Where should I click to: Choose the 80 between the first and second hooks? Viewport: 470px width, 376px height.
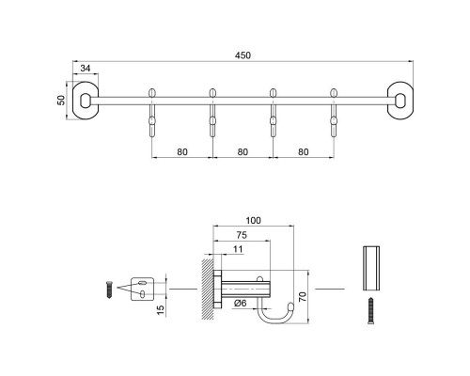pos(182,150)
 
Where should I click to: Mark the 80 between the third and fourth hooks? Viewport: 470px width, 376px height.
pos(303,150)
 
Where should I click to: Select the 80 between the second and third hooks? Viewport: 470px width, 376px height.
pos(243,150)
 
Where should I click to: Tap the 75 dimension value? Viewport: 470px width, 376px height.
pos(243,236)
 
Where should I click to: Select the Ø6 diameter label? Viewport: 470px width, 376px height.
pos(240,303)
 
